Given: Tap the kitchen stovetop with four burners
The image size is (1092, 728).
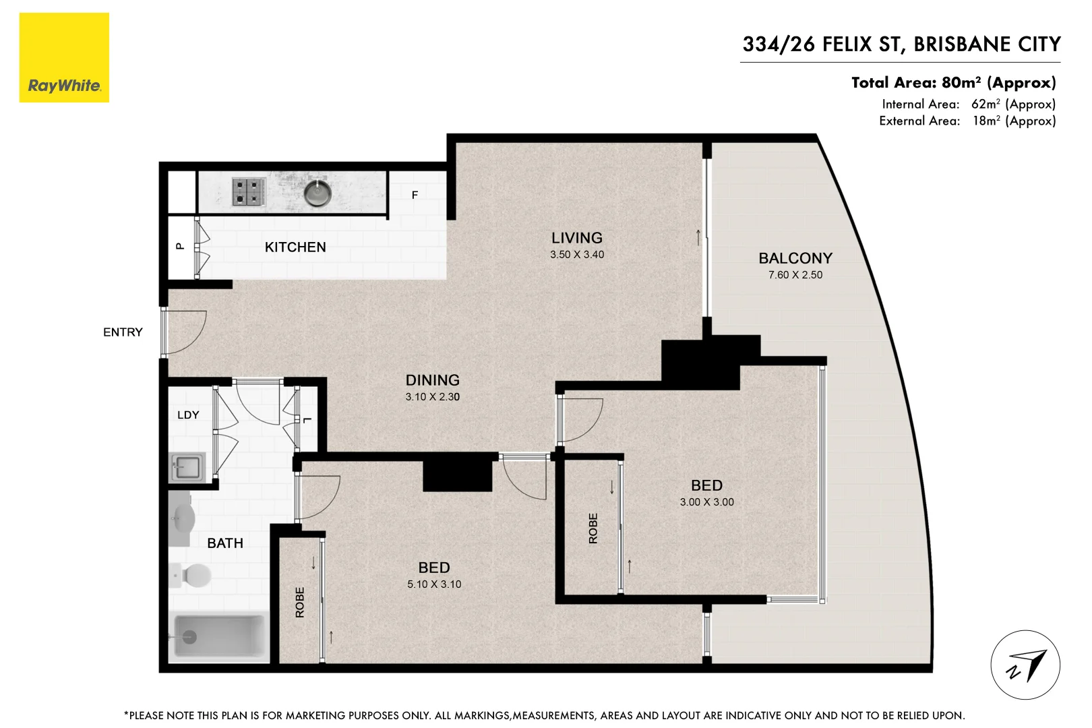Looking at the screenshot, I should (x=248, y=191).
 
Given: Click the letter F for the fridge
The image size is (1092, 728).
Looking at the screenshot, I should (x=415, y=195).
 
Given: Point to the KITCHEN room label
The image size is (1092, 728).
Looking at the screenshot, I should (x=295, y=247).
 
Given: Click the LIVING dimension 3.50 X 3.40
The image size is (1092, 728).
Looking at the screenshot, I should (x=577, y=255).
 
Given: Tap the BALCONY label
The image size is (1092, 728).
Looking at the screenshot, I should (x=795, y=258).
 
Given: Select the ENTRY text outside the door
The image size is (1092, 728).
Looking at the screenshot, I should (x=123, y=332).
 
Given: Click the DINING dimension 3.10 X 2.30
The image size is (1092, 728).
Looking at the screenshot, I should (x=432, y=397).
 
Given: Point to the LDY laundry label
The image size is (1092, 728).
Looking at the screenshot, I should (x=188, y=415).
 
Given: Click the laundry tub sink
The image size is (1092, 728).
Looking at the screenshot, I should (x=187, y=466).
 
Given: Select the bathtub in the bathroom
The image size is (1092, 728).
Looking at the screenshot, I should (x=218, y=636).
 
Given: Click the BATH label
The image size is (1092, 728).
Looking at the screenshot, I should (x=225, y=543).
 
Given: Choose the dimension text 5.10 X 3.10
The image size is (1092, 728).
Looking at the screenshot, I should (x=434, y=584).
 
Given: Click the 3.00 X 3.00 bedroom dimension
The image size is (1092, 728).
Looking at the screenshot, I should (x=706, y=502).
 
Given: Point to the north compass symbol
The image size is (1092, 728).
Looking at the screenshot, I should (x=1025, y=665).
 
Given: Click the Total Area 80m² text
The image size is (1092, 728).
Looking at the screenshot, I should (x=953, y=83).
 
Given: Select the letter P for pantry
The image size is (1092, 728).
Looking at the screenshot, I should (x=180, y=247).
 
